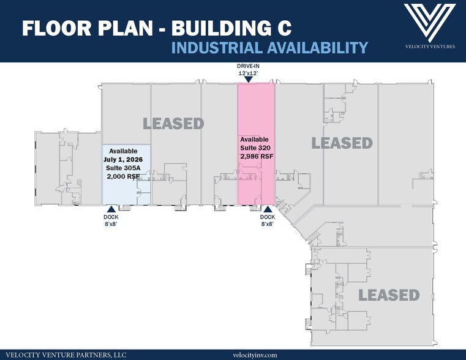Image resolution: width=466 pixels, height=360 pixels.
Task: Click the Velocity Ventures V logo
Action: coord(430,23)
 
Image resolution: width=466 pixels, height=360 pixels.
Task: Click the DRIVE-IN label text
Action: coord(248,66)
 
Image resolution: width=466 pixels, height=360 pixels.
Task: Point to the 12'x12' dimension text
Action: coord(248,73)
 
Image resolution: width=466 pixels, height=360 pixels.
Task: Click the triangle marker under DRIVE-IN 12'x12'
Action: coord(249,80)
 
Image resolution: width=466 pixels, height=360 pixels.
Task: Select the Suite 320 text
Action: coord(255,148)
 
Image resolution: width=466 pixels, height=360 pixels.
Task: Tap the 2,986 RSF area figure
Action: coord(257,156)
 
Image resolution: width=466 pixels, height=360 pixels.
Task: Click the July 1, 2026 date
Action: coord(123,160)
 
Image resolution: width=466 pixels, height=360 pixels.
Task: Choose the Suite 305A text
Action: coord(123,168)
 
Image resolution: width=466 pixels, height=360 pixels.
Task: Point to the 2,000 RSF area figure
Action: coord(123,176)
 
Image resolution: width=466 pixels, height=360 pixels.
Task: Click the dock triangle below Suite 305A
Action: coord(111,209)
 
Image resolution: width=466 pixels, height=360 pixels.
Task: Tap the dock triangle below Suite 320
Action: coord(267,209)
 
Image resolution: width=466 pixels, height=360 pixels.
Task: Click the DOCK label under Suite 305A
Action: coord(111,217)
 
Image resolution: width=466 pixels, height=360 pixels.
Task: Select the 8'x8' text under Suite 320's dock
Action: coord(267,224)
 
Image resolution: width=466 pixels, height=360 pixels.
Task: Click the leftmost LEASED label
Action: coord(173,124)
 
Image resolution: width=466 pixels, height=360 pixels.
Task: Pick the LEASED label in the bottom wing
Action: coord(389,295)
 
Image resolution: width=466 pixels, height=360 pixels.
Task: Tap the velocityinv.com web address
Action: coord(255,355)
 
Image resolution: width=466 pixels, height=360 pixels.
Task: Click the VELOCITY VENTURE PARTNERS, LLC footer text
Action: coord(66,355)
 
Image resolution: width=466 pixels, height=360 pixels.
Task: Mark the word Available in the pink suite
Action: coord(254,140)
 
